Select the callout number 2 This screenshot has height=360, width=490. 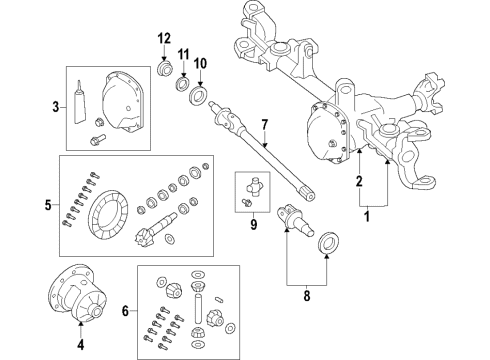coord(357,182)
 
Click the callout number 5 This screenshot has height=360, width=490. coord(47,206)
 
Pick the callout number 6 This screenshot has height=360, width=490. coord(127,312)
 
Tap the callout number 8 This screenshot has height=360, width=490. coord(308,295)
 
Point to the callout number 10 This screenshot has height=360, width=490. coord(200,64)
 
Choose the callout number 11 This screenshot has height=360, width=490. coord(183,53)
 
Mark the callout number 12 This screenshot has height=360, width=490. coord(163,39)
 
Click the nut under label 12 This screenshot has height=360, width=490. coord(165,72)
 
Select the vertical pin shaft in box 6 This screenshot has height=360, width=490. coord(199,301)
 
